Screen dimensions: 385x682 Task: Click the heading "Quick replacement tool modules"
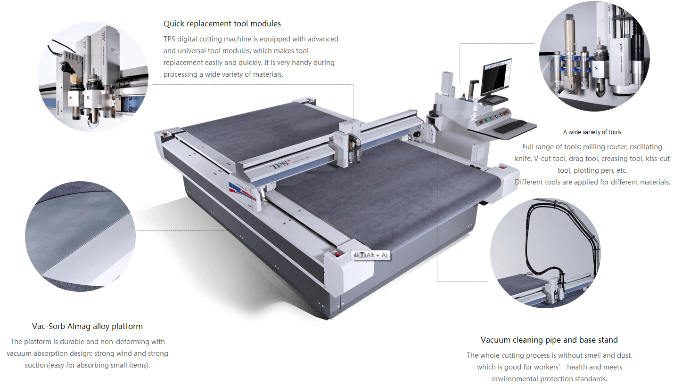point(222,24)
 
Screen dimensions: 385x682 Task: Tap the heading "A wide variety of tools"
point(592,132)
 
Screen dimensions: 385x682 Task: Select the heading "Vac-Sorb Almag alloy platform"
point(87,326)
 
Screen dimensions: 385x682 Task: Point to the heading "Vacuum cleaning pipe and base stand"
point(549,340)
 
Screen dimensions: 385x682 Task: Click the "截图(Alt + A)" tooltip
point(370,255)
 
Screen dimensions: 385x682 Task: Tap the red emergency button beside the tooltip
point(338,254)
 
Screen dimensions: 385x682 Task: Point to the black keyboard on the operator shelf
point(510,126)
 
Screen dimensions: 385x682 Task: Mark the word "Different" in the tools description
point(530,182)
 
